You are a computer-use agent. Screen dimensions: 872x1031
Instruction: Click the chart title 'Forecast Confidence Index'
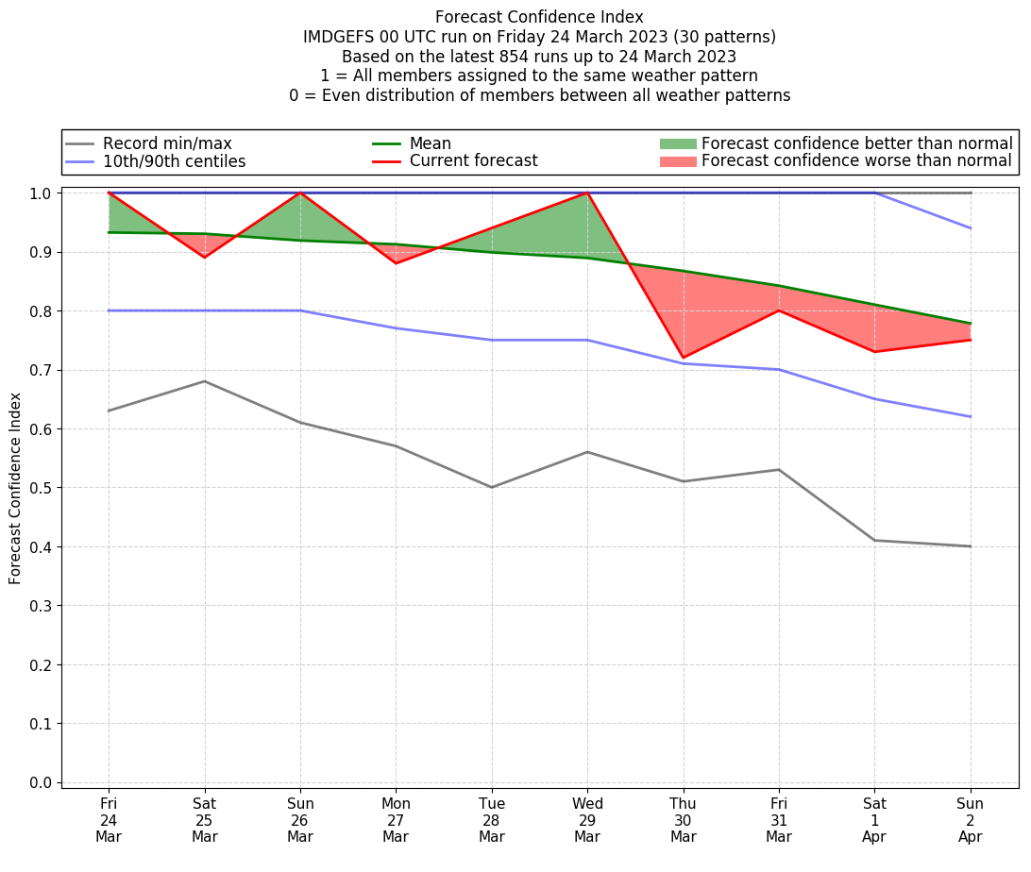pyautogui.click(x=539, y=17)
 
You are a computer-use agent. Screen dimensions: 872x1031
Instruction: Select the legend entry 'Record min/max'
pyautogui.click(x=166, y=143)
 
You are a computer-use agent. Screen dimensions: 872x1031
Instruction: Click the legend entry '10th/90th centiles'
pyautogui.click(x=174, y=161)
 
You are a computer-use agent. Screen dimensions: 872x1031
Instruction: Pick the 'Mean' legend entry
pyautogui.click(x=430, y=143)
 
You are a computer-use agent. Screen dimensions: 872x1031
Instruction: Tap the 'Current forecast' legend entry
pyautogui.click(x=473, y=161)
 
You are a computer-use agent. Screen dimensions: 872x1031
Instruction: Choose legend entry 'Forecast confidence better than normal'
pyautogui.click(x=856, y=143)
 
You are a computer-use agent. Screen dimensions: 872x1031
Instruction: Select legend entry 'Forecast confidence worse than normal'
pyautogui.click(x=856, y=161)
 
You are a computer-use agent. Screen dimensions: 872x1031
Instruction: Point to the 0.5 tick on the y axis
pyautogui.click(x=43, y=488)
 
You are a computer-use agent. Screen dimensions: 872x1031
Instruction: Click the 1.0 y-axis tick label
pyautogui.click(x=43, y=193)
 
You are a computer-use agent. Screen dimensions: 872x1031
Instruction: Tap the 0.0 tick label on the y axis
pyautogui.click(x=43, y=782)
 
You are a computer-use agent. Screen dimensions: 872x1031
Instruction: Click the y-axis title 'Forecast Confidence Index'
pyautogui.click(x=15, y=488)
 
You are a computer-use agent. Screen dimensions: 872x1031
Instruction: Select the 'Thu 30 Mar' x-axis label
pyautogui.click(x=683, y=820)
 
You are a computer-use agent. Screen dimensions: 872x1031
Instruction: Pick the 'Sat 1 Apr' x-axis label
pyautogui.click(x=874, y=820)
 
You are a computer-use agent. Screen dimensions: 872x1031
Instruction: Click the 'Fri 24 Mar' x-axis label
pyautogui.click(x=109, y=820)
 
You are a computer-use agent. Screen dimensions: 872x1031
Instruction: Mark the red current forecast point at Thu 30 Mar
pyautogui.click(x=683, y=358)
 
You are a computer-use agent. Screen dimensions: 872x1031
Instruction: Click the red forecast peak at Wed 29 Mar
pyautogui.click(x=587, y=193)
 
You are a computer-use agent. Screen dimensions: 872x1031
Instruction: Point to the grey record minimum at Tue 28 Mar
pyautogui.click(x=492, y=487)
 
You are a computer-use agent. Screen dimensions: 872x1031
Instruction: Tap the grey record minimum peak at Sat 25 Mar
pyautogui.click(x=204, y=381)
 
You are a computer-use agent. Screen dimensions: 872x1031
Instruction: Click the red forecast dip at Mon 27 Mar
pyautogui.click(x=396, y=263)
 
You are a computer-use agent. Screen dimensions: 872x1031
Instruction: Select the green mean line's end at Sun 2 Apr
pyautogui.click(x=971, y=323)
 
